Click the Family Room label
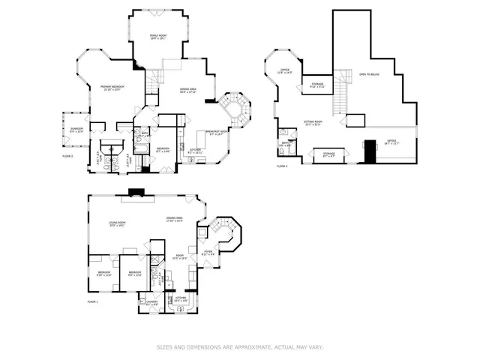point(157,37)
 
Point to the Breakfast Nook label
point(217,133)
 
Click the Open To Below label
point(369,74)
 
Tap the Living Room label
point(116,223)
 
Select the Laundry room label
point(152,304)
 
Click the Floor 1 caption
point(93,301)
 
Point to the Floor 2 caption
point(68,155)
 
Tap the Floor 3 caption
point(282,165)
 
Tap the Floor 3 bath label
point(285,144)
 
